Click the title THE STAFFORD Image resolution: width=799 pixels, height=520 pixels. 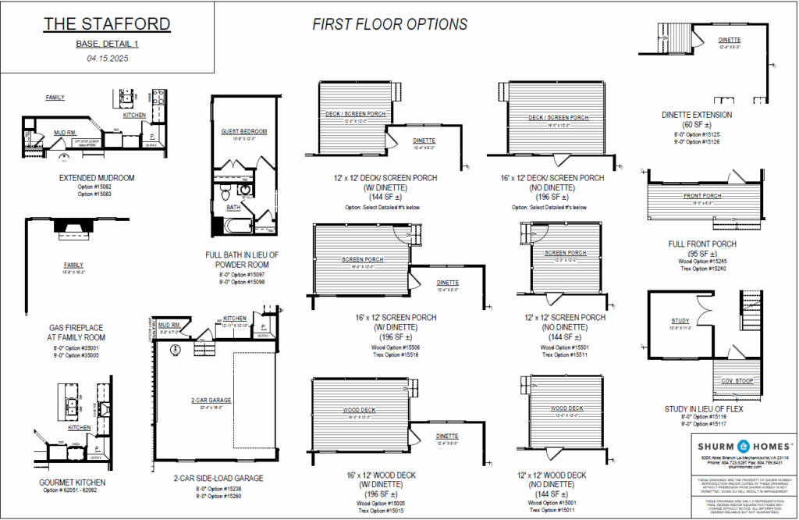tap(106, 24)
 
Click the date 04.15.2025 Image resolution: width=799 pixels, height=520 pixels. tap(107, 58)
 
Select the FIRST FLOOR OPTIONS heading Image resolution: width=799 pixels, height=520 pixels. tap(389, 24)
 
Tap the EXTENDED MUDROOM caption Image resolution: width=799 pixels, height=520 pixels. tap(97, 178)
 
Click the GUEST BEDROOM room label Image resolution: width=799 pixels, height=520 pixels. tap(244, 131)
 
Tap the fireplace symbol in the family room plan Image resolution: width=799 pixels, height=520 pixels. tap(75, 227)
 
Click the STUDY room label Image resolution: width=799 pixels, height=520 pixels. tap(680, 321)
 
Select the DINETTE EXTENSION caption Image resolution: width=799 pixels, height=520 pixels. tap(697, 115)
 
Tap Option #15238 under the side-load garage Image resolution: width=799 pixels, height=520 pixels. tap(208, 489)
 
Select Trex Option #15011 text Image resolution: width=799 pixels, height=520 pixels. tap(557, 511)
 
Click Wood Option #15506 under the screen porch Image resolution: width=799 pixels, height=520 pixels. tap(383, 347)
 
